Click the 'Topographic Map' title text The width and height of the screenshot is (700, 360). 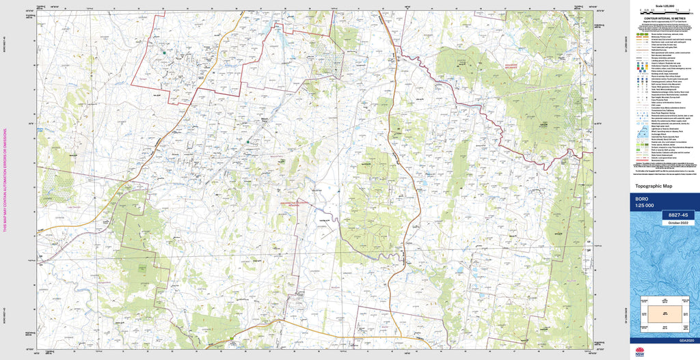pos(654,186)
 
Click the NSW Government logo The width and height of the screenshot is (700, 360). pos(640,352)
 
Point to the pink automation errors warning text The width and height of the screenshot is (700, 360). pos(5,180)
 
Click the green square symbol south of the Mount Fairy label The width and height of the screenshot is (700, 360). pos(247,141)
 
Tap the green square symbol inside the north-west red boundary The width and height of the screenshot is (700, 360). pos(165,51)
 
